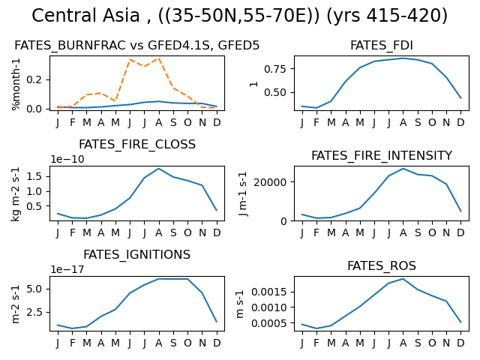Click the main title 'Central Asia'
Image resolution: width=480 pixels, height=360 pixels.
85,16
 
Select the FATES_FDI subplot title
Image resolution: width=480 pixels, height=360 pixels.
382,45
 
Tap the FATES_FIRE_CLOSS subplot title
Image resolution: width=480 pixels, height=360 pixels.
137,145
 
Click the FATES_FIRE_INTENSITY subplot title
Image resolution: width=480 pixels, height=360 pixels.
382,155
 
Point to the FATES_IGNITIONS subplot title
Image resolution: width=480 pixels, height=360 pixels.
136,255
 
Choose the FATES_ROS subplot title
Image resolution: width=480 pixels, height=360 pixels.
382,265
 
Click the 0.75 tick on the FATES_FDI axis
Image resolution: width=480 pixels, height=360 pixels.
275,69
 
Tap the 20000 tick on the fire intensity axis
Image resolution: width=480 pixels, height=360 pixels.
270,182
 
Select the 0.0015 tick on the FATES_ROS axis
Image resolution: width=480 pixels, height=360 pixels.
269,292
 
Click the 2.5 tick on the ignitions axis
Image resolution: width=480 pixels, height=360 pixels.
34,312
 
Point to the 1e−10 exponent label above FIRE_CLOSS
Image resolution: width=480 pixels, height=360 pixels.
67,159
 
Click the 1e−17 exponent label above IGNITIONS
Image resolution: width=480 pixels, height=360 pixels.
67,269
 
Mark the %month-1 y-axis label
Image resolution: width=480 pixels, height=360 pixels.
16,84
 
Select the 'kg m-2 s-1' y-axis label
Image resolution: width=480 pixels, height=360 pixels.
16,194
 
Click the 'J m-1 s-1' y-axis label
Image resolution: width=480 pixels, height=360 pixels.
243,194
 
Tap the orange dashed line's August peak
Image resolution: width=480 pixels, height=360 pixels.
158,58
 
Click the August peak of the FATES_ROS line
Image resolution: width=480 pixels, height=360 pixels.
403,279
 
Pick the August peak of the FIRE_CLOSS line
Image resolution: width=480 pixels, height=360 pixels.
158,168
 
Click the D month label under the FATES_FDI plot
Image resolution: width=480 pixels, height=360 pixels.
460,122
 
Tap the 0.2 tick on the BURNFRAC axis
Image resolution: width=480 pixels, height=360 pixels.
34,80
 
